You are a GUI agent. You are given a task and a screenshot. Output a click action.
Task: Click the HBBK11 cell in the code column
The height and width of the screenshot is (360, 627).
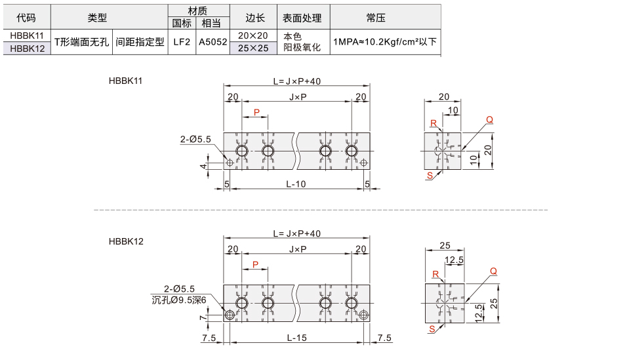27,35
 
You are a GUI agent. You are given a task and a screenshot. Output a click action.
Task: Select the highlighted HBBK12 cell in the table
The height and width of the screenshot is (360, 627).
27,49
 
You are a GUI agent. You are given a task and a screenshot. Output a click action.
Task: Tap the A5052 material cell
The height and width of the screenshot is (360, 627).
212,42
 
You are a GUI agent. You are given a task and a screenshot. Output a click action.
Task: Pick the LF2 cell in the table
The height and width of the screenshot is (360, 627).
182,42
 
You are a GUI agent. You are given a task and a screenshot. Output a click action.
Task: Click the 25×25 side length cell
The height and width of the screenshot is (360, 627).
253,49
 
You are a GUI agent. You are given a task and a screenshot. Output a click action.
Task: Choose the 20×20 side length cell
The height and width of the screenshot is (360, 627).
253,35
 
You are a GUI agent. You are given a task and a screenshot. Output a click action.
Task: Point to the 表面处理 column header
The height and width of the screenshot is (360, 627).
302,18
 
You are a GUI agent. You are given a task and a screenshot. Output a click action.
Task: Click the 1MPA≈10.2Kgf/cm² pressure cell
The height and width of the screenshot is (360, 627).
385,42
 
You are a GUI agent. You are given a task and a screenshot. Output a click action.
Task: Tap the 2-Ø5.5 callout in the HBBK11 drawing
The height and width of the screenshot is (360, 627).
195,139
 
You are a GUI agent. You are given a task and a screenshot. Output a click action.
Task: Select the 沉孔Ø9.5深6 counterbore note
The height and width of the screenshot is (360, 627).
179,300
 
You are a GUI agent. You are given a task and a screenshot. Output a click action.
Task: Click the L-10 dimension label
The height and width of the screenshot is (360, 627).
296,184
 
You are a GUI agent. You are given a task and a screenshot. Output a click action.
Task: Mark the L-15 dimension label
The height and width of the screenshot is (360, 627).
296,338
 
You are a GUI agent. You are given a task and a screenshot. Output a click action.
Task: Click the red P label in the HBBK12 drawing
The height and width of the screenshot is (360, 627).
256,264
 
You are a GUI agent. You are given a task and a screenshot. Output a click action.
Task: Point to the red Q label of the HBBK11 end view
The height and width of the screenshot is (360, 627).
489,119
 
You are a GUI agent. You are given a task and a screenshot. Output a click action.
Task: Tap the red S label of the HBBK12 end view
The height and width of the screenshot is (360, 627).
432,329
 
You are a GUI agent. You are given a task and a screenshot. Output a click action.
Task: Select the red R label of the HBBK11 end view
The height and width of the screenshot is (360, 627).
434,123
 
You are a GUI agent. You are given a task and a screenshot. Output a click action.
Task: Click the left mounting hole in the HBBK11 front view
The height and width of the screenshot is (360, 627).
230,163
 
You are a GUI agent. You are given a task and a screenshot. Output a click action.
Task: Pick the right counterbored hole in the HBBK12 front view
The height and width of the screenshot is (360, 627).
363,315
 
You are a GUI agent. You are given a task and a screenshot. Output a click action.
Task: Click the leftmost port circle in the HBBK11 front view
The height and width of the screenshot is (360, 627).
242,151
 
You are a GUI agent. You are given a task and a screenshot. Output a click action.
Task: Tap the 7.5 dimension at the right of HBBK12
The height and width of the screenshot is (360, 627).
384,338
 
